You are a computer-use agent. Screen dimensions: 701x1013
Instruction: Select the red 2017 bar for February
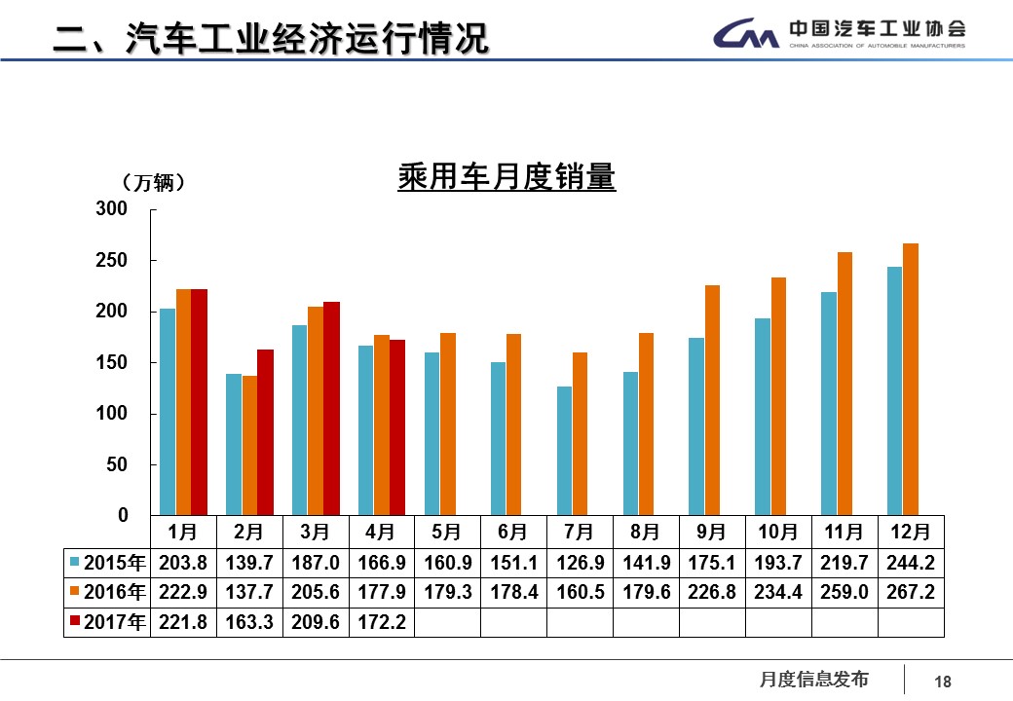click(x=265, y=431)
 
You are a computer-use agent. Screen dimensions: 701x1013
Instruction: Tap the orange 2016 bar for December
click(x=910, y=379)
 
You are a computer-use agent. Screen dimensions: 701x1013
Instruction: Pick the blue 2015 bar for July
click(x=564, y=450)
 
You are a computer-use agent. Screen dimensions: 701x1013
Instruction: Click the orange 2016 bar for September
click(x=712, y=399)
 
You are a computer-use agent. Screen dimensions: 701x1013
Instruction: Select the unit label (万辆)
click(x=154, y=183)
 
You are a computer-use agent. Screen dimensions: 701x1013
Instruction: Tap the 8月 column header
click(x=645, y=532)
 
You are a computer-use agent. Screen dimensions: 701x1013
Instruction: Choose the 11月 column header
click(x=844, y=532)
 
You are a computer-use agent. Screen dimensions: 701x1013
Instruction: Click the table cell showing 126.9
click(x=579, y=564)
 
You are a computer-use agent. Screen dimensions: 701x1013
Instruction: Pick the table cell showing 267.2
click(x=910, y=593)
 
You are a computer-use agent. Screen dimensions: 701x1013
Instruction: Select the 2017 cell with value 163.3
click(x=248, y=622)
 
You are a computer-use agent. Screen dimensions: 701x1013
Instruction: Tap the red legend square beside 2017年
click(x=75, y=622)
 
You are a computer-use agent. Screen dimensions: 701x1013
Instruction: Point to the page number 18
click(x=942, y=683)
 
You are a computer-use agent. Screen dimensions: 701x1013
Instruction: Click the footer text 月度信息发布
click(x=813, y=680)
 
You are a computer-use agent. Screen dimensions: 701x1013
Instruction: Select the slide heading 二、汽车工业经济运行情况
click(x=269, y=38)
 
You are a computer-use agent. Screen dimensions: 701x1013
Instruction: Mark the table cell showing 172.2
click(x=381, y=622)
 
